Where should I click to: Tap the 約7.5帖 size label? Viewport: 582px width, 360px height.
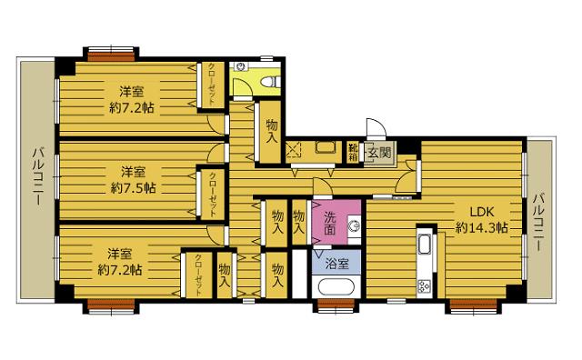coord(133,188)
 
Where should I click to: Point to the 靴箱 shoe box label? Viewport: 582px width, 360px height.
coord(354,153)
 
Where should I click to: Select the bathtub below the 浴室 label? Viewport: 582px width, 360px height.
coord(339,288)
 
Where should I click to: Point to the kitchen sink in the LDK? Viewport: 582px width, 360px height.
coord(423,245)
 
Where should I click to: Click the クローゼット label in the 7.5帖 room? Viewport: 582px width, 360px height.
coord(212,192)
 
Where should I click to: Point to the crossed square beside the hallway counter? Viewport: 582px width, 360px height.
coord(293,152)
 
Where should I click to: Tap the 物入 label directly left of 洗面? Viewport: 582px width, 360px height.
coord(297,224)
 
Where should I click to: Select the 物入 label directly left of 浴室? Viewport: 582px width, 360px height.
coord(278,275)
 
